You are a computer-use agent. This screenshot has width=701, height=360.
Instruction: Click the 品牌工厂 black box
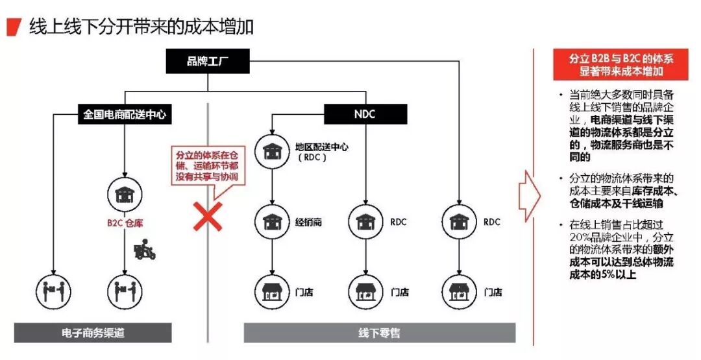pos(207,61)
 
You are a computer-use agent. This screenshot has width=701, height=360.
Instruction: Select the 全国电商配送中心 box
pos(124,114)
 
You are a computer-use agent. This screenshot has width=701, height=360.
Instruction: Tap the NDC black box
pos(365,114)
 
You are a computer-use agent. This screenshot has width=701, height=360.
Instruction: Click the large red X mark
pos(208,215)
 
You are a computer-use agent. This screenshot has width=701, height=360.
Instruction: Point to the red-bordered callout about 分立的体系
pos(207,166)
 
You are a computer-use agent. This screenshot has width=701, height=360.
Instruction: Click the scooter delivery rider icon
pos(144,250)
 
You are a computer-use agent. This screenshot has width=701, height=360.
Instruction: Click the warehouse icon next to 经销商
pos(271,222)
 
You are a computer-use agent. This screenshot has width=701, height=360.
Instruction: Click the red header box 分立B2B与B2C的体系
pos(621,64)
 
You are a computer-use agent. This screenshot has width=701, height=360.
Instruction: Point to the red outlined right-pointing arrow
pos(529,195)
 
